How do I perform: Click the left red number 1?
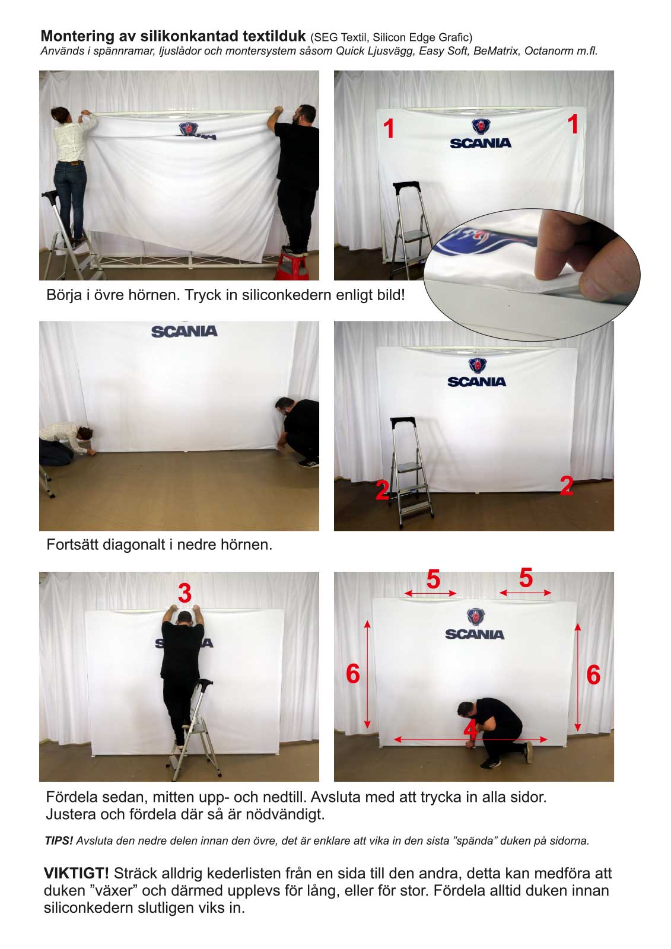point(389,129)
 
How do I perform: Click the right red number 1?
point(573,125)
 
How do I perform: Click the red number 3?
point(185,593)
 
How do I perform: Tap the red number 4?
point(470,730)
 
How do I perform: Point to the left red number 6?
point(353,674)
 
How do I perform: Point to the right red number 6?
point(593,675)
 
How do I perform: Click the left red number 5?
point(433,579)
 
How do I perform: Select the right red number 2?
point(567,486)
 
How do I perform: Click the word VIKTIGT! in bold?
point(77,873)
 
